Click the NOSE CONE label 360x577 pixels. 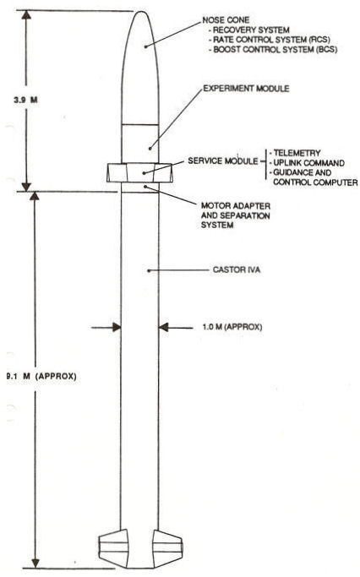tap(226, 20)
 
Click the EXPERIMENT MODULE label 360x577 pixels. tap(246, 89)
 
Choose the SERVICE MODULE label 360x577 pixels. tap(223, 161)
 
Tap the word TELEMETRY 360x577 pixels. tap(297, 153)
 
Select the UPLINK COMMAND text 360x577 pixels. tap(308, 163)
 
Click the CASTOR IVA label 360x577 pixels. tap(237, 269)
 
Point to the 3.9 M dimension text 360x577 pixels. tap(25, 100)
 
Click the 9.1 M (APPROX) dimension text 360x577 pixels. tap(41, 376)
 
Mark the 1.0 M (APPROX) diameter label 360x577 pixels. tap(232, 326)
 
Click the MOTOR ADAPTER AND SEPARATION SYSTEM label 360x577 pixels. tap(236, 215)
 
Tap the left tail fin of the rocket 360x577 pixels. tap(114, 547)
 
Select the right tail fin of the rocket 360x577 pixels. tap(168, 547)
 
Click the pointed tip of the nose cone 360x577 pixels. tap(140, 12)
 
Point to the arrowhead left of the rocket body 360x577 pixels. tap(117, 327)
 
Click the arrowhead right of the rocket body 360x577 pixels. tap(163, 327)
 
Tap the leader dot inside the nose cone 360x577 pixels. tap(145, 46)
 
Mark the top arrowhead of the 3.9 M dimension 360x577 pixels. tap(26, 15)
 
